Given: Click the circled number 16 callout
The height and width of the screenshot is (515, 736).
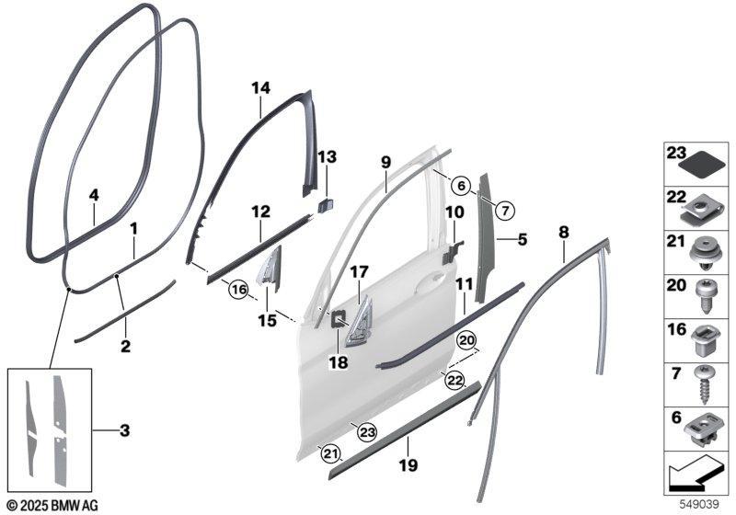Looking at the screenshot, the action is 239,290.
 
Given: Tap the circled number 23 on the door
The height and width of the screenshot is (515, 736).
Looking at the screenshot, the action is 367,432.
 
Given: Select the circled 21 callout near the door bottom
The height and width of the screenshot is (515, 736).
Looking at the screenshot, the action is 329,453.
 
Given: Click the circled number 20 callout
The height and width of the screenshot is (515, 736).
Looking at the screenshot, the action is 467,341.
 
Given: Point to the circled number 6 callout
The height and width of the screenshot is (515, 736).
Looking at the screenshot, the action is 462,186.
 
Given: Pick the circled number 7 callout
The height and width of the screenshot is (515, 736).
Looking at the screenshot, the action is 504,211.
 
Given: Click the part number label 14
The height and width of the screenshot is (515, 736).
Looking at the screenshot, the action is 261,87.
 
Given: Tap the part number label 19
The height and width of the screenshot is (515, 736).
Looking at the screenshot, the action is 408,465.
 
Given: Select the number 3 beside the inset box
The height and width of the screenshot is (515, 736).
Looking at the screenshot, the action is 124,430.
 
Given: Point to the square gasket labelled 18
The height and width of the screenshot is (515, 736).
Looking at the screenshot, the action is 338,319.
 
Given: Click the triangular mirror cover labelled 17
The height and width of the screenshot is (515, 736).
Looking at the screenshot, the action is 358,320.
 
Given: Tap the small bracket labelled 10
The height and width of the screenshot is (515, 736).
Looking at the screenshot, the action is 452,252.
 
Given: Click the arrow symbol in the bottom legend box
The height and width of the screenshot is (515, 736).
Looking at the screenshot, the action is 694,477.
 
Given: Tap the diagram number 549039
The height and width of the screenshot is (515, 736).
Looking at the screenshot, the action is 700,505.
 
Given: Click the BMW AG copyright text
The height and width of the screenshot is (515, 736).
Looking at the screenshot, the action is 53,506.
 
